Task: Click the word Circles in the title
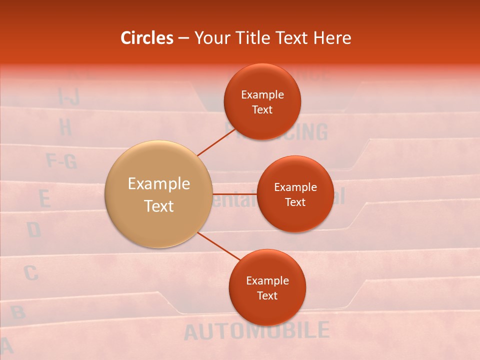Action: tap(147, 38)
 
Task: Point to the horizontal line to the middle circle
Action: tap(234, 193)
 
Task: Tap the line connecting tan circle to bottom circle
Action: tap(218, 246)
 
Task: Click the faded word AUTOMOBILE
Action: tap(256, 331)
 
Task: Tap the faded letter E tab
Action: tap(45, 199)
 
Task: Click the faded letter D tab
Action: tap(33, 230)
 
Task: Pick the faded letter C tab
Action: tap(30, 273)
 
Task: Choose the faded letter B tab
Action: tap(18, 313)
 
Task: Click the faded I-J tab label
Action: tap(68, 96)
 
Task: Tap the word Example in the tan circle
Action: tap(158, 184)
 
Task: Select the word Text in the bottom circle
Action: tap(267, 295)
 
